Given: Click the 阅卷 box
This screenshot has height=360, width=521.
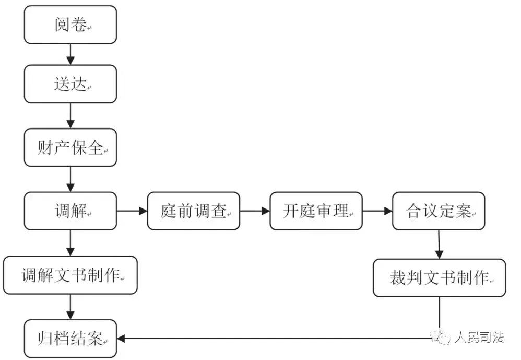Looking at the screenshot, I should (x=70, y=25).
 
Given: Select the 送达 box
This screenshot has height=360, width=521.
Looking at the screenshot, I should (x=70, y=84).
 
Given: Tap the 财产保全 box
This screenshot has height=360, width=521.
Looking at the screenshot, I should (x=70, y=147).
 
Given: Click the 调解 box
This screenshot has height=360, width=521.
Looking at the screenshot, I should (x=70, y=211).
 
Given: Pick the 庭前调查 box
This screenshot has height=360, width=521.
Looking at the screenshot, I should (x=193, y=211).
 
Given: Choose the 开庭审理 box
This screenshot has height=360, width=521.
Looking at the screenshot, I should (x=316, y=211).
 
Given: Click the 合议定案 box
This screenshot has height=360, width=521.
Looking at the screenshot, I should (x=439, y=211).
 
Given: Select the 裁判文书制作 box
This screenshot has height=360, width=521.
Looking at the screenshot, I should (x=439, y=277).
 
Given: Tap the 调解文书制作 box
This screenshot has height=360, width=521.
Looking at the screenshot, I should (x=70, y=275).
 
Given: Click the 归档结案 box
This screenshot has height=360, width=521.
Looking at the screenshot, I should (x=70, y=339).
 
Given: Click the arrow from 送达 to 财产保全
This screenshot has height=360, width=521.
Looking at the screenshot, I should (x=70, y=115).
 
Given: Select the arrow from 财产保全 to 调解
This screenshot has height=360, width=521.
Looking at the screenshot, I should (x=70, y=179).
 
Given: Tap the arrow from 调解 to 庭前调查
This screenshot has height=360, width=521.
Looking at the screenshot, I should (x=132, y=211).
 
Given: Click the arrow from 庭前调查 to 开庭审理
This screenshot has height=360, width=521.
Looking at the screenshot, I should (x=255, y=211).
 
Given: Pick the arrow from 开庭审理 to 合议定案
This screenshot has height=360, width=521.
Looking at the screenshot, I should (x=377, y=211).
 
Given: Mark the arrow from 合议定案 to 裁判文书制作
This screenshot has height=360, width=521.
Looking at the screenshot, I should (x=439, y=244).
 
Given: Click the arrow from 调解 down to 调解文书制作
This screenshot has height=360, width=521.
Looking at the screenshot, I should (x=70, y=243).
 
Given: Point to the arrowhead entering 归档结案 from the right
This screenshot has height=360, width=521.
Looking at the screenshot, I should (x=121, y=339).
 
